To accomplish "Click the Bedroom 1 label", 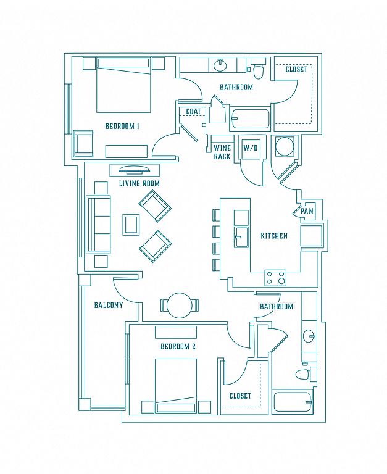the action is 122,126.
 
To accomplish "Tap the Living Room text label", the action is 139,183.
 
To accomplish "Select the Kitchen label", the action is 274,236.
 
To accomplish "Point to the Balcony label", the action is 109,305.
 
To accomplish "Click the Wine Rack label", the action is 222,152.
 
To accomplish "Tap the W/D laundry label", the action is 252,148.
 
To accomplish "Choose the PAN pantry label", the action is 307,211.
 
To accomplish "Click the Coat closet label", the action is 193,112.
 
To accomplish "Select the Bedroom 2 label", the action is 178,346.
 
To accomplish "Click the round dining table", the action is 180,305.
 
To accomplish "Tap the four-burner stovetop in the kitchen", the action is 275,278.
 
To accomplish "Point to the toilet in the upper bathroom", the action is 258,69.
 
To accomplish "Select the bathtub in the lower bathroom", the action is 293,402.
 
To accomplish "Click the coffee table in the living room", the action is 131,224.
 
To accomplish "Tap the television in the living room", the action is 134,170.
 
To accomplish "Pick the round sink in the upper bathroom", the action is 220,65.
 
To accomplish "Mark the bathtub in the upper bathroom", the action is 251,119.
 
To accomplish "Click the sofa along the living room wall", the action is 99,225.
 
